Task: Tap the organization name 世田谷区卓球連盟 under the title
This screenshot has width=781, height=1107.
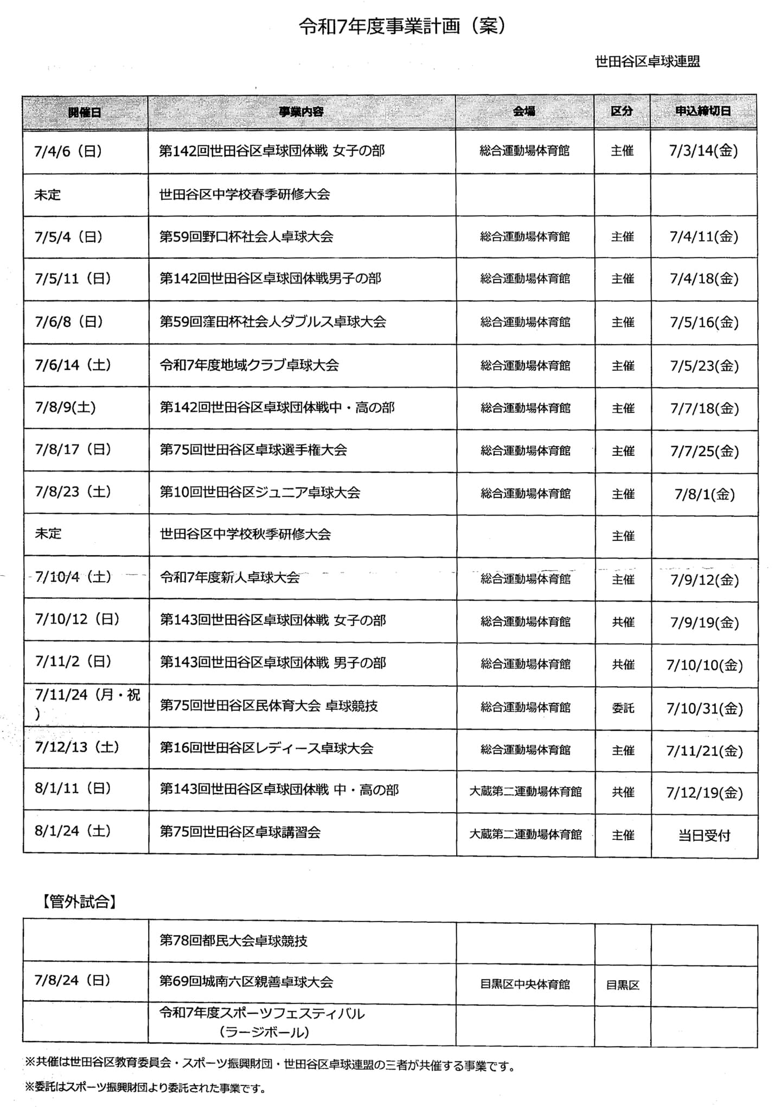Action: click(x=647, y=62)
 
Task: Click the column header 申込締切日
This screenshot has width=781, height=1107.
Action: click(x=703, y=111)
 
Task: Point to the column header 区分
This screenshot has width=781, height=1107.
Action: click(x=622, y=111)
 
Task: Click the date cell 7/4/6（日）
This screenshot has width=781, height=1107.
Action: click(x=68, y=151)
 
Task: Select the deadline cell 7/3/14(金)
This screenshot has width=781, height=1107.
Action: click(x=703, y=151)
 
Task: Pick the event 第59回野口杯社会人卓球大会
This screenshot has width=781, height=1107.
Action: click(x=246, y=237)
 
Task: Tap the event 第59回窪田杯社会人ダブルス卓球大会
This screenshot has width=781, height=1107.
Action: click(x=272, y=322)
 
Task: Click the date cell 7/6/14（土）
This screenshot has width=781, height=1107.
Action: click(x=73, y=365)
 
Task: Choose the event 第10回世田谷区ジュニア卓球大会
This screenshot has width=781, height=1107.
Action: click(x=260, y=493)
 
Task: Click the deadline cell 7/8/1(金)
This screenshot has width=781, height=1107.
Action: click(x=705, y=494)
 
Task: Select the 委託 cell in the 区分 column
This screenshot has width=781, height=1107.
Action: click(x=623, y=708)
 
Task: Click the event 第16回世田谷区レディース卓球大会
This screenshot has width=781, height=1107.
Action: click(x=266, y=749)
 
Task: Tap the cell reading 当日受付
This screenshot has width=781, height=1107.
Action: click(x=704, y=835)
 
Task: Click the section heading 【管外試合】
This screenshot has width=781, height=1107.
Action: click(x=79, y=902)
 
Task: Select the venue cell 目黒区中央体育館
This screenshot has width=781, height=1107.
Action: click(x=524, y=984)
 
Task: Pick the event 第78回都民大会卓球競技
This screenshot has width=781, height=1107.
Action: click(x=233, y=941)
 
